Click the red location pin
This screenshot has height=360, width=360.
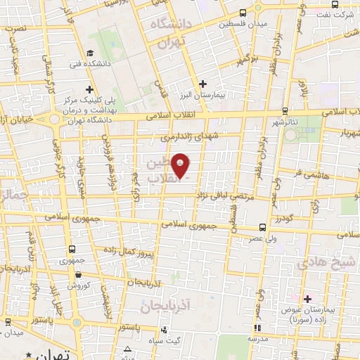click(181, 165)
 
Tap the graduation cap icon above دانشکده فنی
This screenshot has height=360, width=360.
click(90, 53)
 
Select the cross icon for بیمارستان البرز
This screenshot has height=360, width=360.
click(202, 84)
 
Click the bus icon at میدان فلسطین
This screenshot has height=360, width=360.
click(243, 13)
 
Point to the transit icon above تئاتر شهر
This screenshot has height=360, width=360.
click(285, 110)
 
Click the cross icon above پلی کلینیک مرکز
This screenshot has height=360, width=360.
click(89, 89)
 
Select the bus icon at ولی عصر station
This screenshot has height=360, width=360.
click(262, 227)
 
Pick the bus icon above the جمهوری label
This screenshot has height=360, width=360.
click(72, 249)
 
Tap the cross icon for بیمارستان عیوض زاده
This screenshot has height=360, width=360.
click(307, 299)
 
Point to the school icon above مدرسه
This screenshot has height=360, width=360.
click(258, 328)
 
